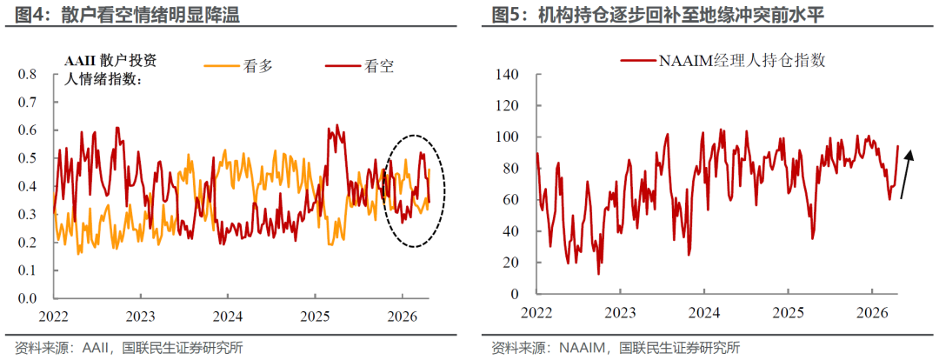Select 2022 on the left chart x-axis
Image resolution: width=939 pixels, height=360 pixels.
click(x=54, y=315)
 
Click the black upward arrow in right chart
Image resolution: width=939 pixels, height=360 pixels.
click(x=906, y=174)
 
